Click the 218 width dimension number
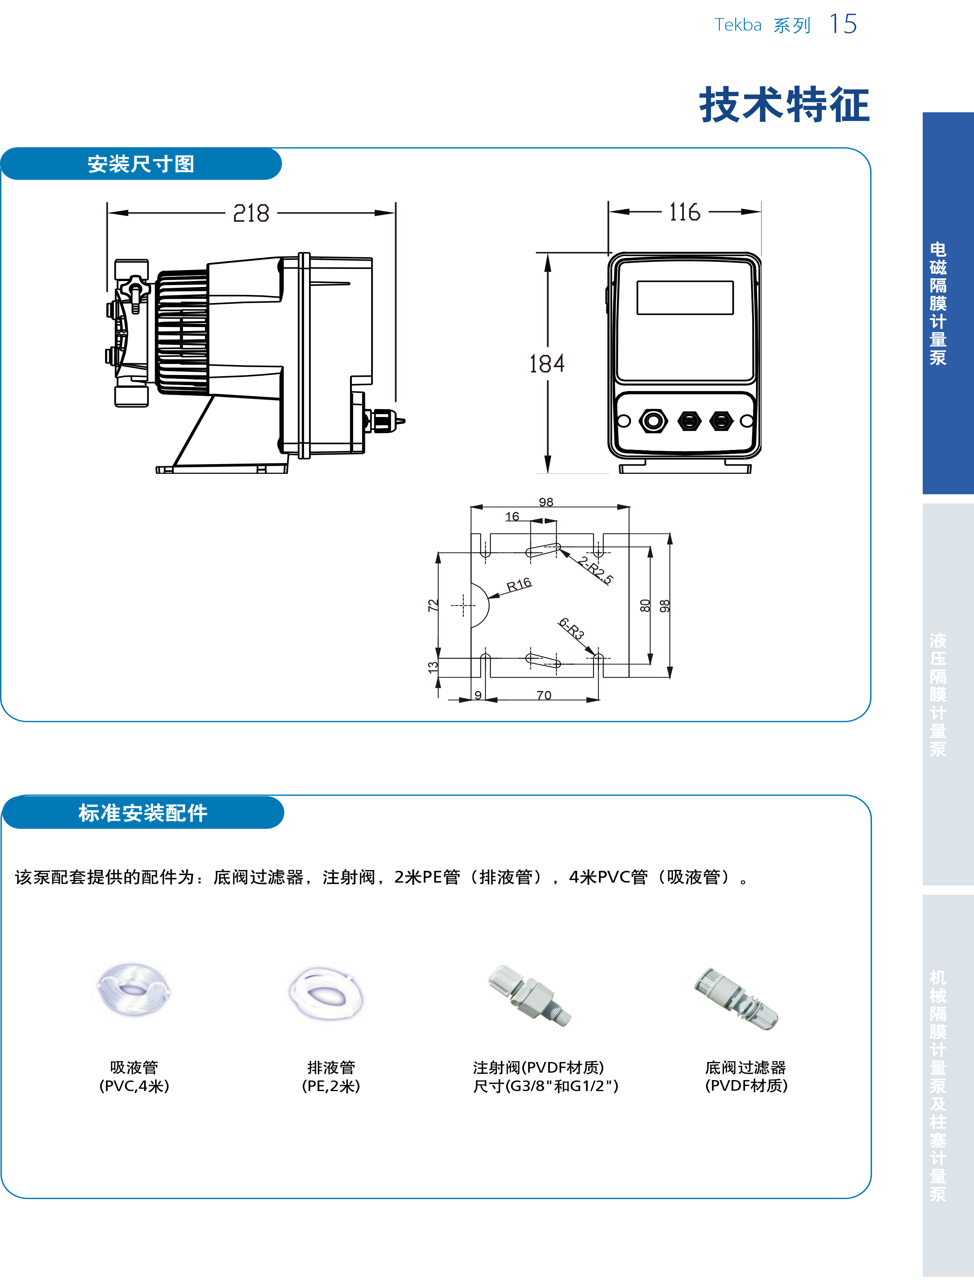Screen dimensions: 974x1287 (x=251, y=214)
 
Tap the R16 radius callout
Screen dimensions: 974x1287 (x=519, y=585)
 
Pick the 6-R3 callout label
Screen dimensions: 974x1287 (x=571, y=628)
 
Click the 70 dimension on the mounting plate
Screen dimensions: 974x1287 (x=544, y=695)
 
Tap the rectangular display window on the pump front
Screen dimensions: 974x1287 (x=685, y=298)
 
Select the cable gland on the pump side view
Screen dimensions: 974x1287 (x=384, y=420)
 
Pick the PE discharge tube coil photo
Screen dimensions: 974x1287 (x=326, y=994)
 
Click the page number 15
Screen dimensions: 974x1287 (x=843, y=24)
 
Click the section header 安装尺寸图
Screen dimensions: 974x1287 (x=141, y=164)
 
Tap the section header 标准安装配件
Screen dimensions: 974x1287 (x=143, y=813)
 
